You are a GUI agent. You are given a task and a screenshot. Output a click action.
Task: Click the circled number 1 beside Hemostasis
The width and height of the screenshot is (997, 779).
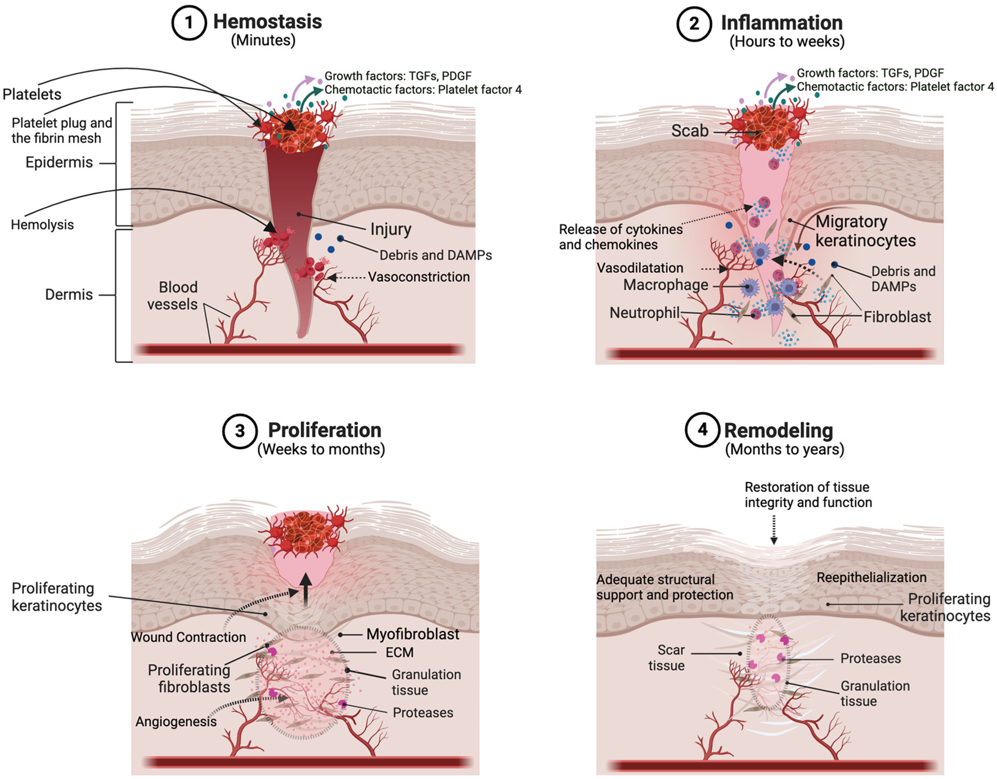[x=188, y=23]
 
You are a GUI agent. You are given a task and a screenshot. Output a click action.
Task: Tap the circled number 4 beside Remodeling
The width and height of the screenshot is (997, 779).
[x=702, y=430]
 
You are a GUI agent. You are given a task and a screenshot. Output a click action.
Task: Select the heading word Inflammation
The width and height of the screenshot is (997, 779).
[x=782, y=23]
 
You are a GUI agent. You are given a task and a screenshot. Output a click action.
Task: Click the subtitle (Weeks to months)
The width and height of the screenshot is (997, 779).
[x=321, y=449]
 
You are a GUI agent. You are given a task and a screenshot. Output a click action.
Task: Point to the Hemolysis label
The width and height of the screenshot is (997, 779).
[x=42, y=225]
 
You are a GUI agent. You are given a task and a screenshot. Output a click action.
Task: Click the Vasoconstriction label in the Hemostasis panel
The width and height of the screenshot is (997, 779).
[x=419, y=277]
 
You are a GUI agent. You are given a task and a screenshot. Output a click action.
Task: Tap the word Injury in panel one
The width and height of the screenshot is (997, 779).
[x=390, y=229]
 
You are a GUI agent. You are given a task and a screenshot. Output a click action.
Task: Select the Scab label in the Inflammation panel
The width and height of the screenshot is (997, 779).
[x=689, y=131]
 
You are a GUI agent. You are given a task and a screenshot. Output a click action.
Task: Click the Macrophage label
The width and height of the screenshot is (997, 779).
[x=665, y=285]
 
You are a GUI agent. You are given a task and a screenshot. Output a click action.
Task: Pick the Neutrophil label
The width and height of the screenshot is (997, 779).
[x=644, y=313]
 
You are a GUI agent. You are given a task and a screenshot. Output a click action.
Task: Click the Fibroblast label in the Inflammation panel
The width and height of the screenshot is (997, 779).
[x=897, y=317]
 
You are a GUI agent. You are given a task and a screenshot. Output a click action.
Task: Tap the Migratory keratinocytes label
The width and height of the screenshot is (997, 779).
[x=865, y=231]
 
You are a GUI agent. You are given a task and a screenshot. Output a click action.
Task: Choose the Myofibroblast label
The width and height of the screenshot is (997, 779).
[x=412, y=634]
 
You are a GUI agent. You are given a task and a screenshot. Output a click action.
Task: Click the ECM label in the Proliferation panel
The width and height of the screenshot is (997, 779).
[x=399, y=652]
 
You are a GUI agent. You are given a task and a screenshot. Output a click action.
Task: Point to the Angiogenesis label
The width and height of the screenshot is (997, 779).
[x=176, y=722]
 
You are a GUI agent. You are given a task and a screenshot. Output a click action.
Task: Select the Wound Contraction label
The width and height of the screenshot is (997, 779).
[x=188, y=637]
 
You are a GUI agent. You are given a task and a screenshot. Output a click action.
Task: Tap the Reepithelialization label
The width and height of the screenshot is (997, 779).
[x=871, y=578]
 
